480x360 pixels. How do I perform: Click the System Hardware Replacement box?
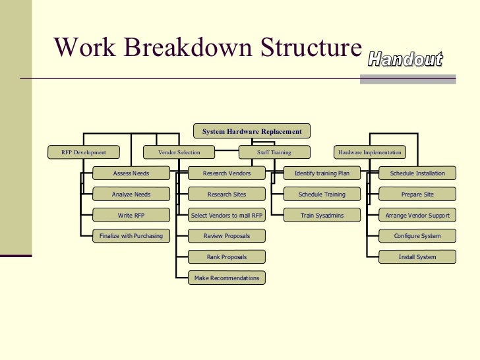tap(251, 132)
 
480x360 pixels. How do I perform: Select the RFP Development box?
tap(84, 152)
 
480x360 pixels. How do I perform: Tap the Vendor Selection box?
tap(179, 152)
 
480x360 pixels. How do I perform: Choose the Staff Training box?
tap(274, 152)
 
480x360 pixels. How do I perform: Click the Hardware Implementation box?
tap(369, 152)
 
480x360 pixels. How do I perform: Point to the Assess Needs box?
tap(131, 173)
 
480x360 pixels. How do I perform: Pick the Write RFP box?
tap(131, 215)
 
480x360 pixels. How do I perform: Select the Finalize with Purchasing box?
tap(131, 236)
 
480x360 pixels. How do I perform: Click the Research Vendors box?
tap(226, 173)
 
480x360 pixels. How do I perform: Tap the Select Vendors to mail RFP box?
tap(226, 215)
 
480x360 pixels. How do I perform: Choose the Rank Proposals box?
tap(226, 256)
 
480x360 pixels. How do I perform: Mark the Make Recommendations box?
tap(226, 278)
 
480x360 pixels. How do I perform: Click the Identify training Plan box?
tap(322, 173)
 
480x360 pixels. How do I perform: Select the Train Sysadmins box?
tap(322, 215)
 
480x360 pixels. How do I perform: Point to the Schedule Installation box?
tap(417, 173)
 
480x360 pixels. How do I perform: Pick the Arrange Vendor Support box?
tap(417, 215)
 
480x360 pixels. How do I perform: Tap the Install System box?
tap(417, 256)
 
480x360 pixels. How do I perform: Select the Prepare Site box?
tap(417, 195)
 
